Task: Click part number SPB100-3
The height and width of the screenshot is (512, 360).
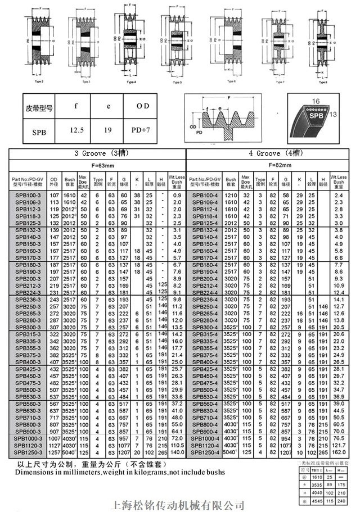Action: coord(25,194)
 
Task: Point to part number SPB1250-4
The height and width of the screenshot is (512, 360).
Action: coord(204,451)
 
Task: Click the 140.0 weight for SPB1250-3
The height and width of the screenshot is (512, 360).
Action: coord(177,451)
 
